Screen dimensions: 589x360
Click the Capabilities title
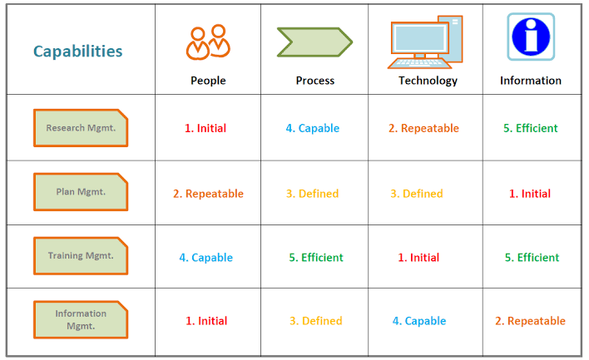point(77,52)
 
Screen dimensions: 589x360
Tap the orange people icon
point(208,42)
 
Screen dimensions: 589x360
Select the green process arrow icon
point(314,42)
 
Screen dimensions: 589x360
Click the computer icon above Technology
point(425,42)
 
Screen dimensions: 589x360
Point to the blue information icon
point(531,37)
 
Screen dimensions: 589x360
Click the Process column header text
point(314,81)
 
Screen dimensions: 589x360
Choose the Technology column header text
point(428,81)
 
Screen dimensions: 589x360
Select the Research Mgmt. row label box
point(81,128)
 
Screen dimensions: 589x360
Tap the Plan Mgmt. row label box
point(81,192)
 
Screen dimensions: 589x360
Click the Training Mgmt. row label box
point(81,255)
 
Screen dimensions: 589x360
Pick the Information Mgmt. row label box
point(81,319)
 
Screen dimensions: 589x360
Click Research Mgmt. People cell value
point(205,128)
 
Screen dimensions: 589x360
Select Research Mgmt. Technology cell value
point(423,128)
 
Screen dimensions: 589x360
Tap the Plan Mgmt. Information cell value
point(530,194)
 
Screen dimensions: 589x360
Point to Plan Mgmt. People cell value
point(208,194)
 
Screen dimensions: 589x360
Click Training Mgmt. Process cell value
point(316,258)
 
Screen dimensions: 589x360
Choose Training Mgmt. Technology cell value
point(418,258)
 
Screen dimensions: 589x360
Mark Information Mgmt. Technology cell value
point(419,321)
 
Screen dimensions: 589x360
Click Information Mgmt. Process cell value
point(316,321)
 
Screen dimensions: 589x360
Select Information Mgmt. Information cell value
point(530,321)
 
